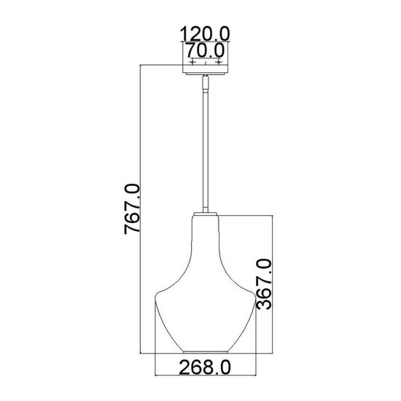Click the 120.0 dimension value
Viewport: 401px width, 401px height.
pos(206,34)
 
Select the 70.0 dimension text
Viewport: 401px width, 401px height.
pos(206,51)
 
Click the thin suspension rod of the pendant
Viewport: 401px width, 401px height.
pos(206,146)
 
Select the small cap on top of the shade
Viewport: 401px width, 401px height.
pos(206,212)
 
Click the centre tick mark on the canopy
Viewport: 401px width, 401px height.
pos(206,63)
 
